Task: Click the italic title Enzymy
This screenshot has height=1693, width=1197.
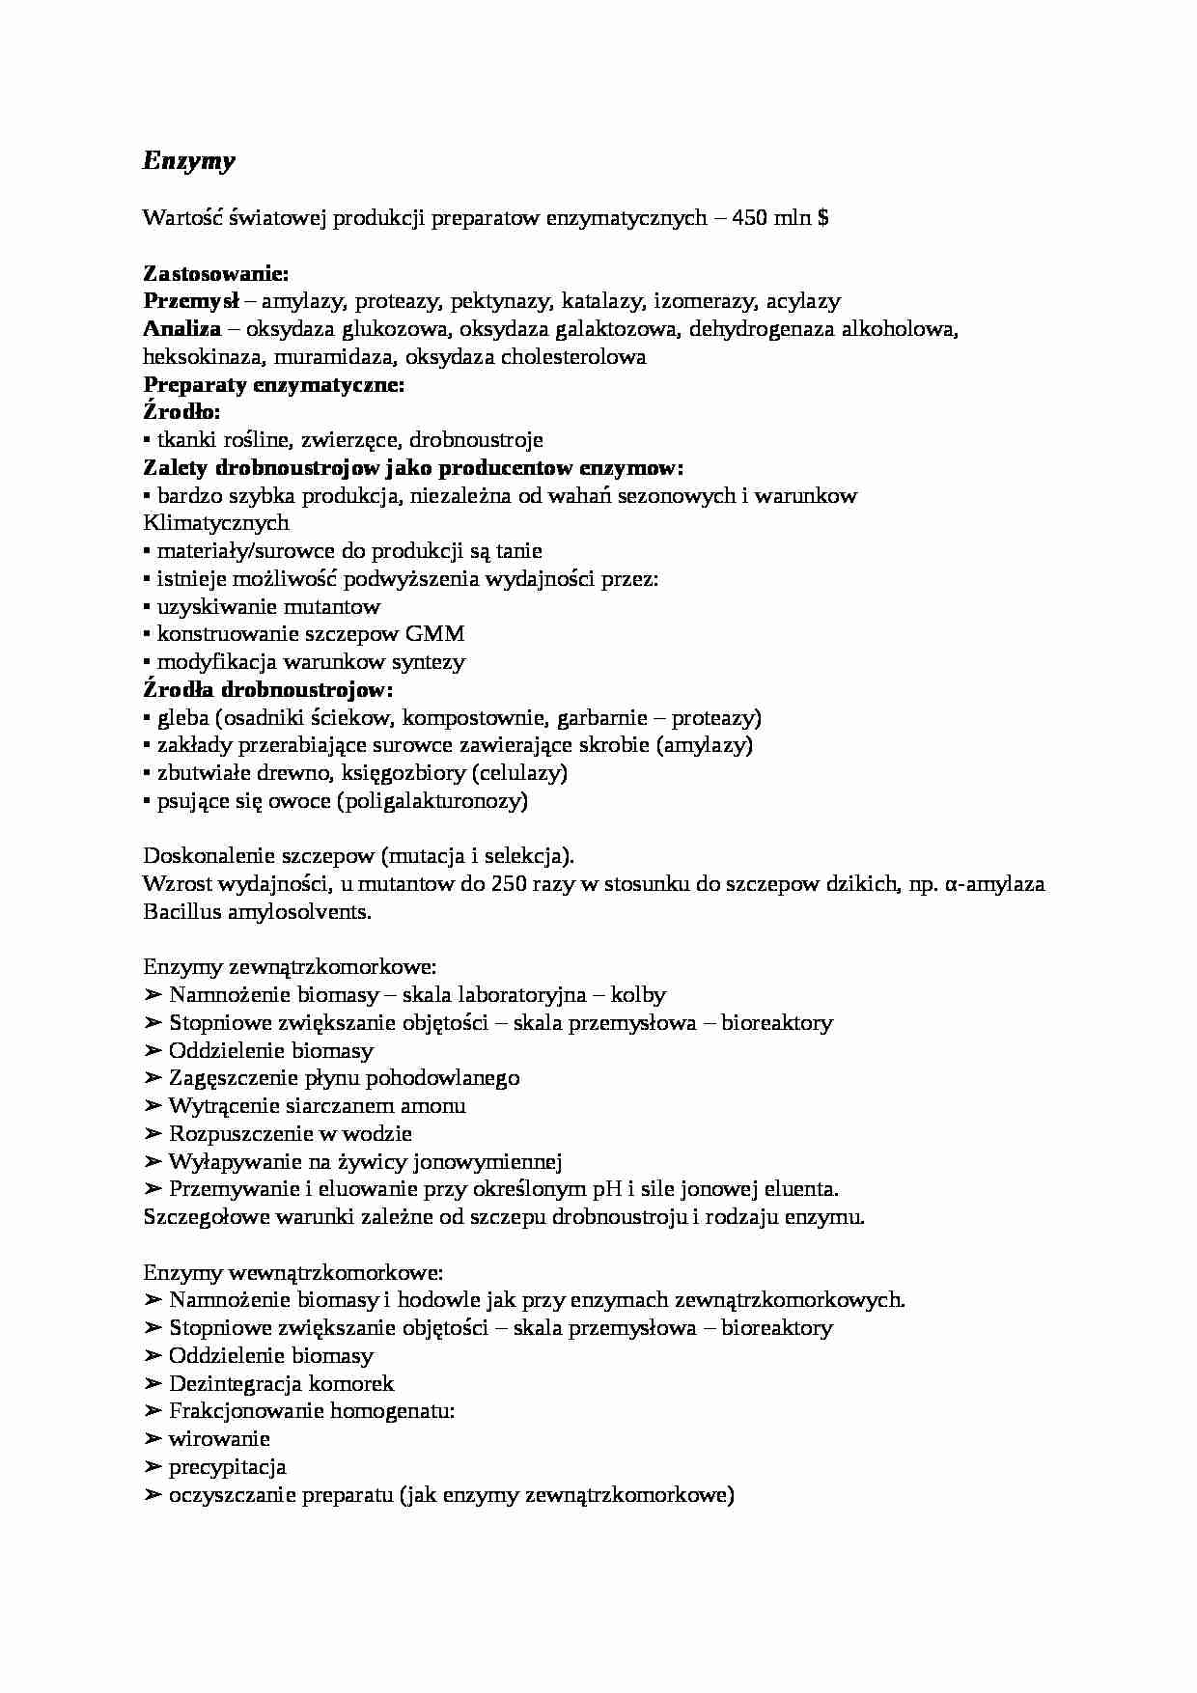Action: [188, 161]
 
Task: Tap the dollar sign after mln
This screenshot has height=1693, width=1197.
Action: [822, 218]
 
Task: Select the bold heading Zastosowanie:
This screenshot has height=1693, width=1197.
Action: [216, 273]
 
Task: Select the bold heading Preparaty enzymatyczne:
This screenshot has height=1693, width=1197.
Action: [274, 385]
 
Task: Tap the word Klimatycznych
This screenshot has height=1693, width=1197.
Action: [216, 523]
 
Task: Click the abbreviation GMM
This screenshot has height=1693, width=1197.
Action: [434, 634]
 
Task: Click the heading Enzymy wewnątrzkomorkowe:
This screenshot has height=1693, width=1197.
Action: [293, 1272]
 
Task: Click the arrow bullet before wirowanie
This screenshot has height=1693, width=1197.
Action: [153, 1439]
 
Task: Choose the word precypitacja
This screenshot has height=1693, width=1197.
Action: [228, 1467]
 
